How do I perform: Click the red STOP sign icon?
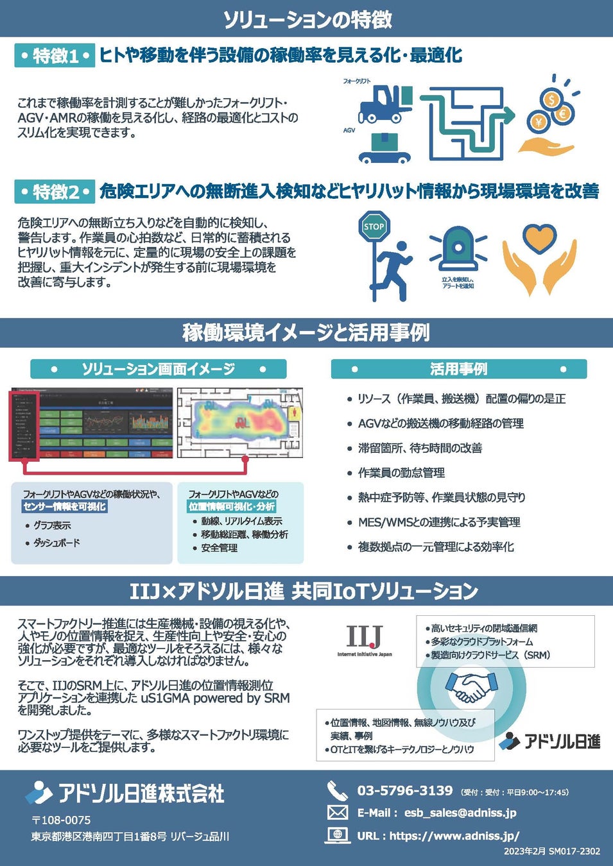tap(374, 226)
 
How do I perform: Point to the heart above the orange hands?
tap(539, 238)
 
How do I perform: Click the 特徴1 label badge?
tap(55, 56)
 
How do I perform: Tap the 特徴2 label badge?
tap(55, 192)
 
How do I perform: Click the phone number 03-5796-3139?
tap(405, 790)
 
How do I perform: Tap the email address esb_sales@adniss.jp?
tap(460, 813)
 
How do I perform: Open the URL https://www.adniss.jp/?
tap(454, 836)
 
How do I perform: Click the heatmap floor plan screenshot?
tap(239, 422)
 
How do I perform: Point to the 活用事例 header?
tap(458, 369)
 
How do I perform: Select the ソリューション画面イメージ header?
tap(158, 369)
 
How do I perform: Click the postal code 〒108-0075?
tap(61, 820)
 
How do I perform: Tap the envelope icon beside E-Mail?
tap(338, 813)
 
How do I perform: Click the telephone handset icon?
tap(337, 790)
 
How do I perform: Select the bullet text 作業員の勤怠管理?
tap(401, 473)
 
